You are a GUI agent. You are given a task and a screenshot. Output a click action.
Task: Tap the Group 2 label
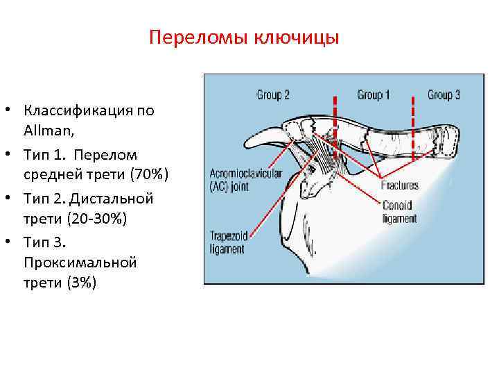[x=273, y=94]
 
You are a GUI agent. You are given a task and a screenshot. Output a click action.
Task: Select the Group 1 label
[x=374, y=94]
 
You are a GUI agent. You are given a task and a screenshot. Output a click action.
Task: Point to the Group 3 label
[x=444, y=94]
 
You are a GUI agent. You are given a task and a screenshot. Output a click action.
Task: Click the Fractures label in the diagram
[x=399, y=185]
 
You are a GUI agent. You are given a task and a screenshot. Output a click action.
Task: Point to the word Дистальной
[x=109, y=198]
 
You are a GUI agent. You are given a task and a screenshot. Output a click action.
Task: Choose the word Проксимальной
[x=80, y=262]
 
